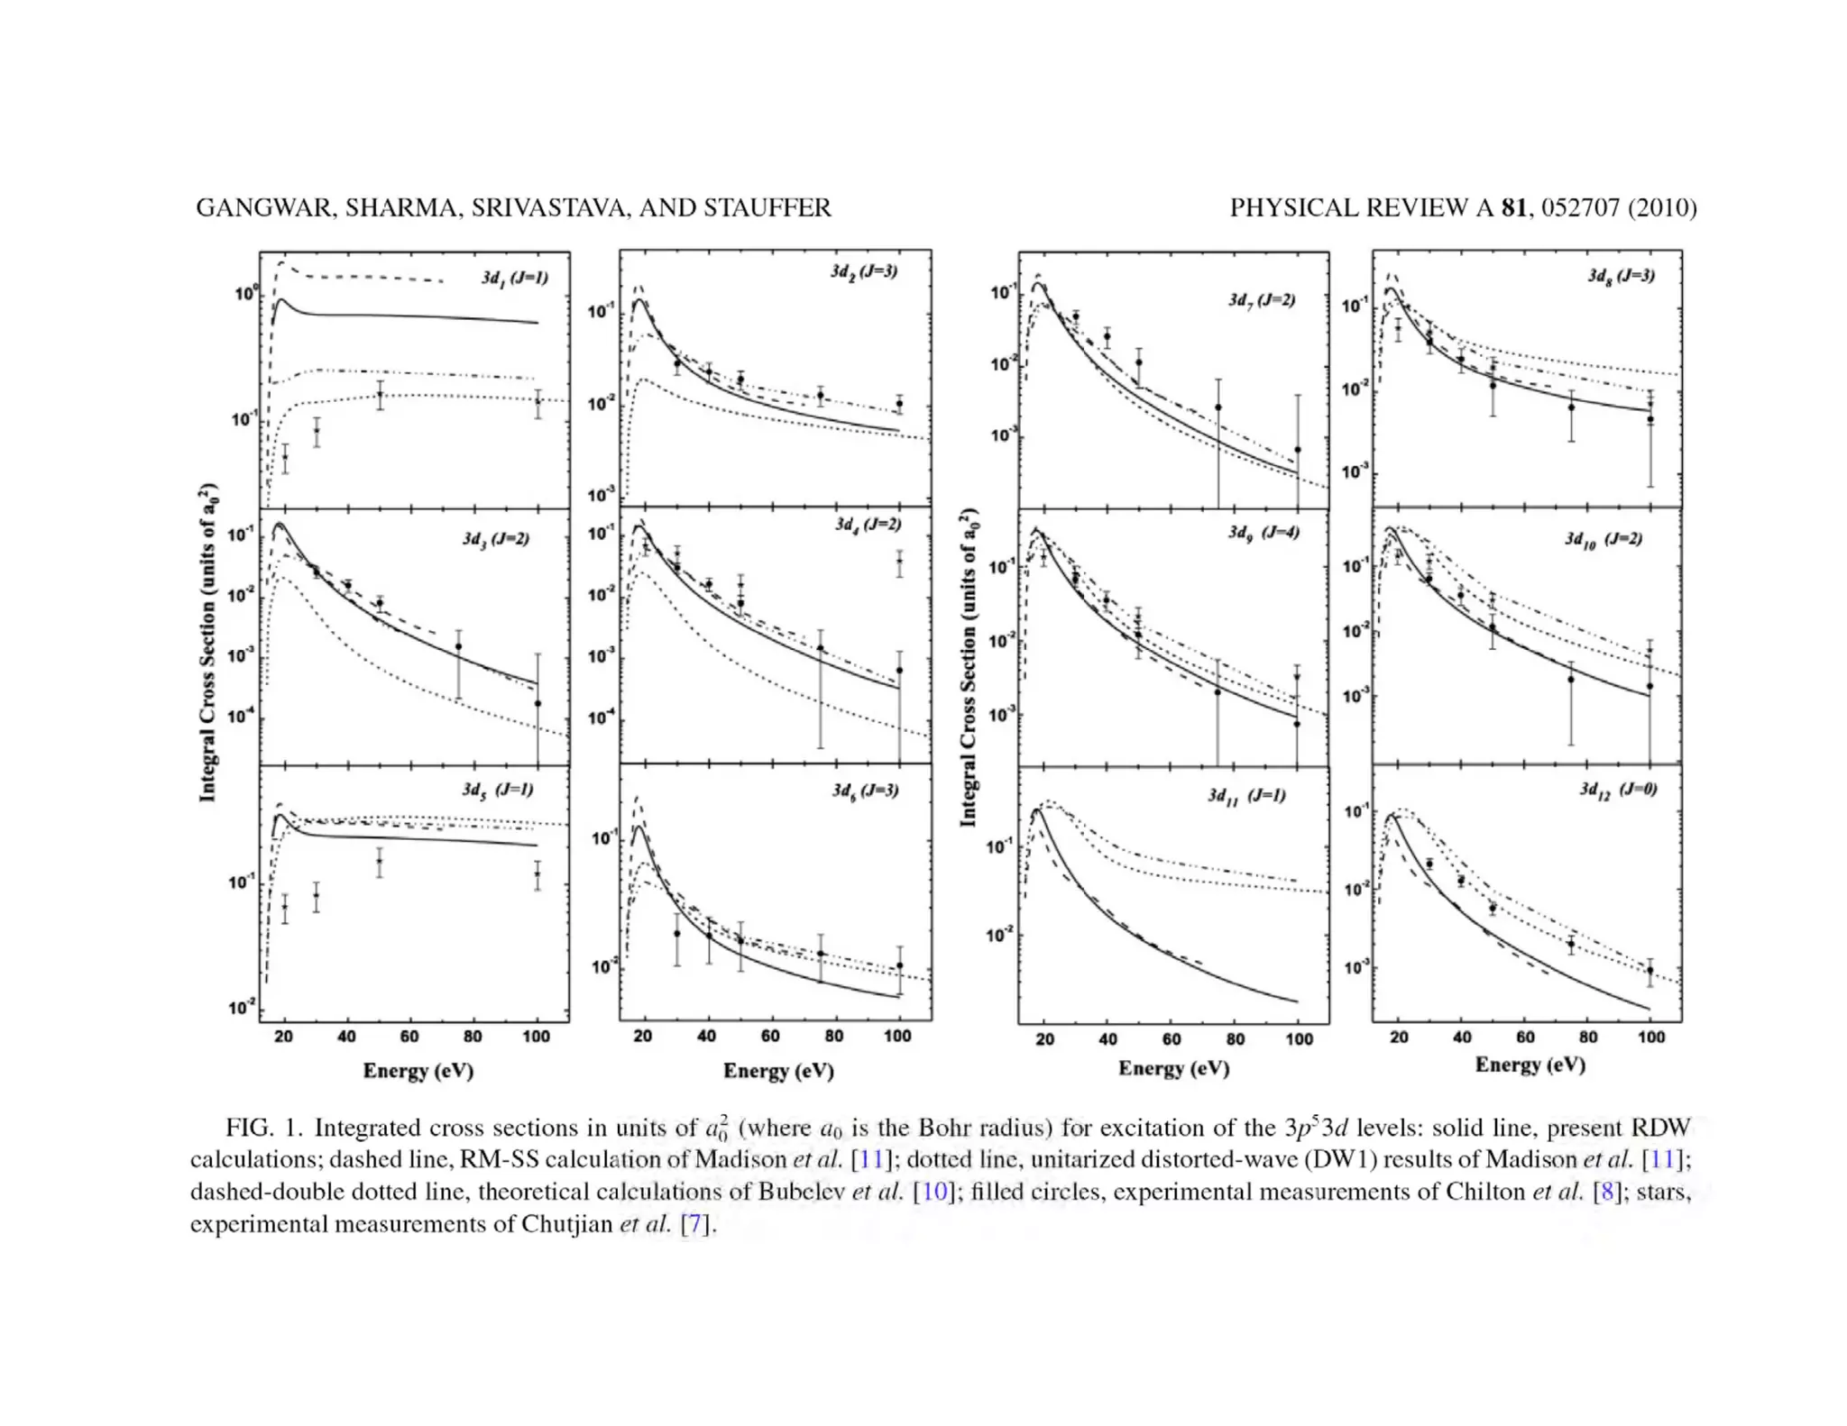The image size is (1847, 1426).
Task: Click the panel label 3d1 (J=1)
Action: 514,278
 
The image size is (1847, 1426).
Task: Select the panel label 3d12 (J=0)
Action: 1618,791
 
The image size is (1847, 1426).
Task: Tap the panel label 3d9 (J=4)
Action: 1263,533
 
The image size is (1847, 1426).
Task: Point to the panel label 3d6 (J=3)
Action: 865,791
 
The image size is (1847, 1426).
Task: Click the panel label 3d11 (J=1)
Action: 1246,796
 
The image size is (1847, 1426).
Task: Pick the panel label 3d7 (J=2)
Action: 1262,300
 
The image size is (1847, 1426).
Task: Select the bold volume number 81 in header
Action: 1513,208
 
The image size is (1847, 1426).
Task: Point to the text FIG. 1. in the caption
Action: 263,1128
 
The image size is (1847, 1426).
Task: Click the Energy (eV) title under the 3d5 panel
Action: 418,1071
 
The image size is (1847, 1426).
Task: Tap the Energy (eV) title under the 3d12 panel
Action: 1530,1065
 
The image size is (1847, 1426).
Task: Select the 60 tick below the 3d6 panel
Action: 770,1037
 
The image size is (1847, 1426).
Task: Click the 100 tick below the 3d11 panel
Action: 1299,1039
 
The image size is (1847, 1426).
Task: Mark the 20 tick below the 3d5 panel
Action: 283,1037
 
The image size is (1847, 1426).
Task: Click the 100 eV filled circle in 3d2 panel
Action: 898,404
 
